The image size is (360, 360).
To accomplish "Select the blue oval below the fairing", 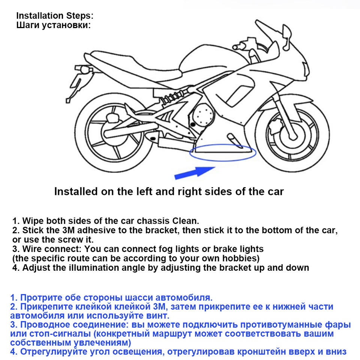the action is [223, 153].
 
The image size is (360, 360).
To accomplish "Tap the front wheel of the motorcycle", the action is [293, 133].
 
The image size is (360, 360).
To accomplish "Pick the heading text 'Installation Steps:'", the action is [55, 16].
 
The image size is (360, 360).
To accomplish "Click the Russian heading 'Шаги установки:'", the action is [54, 25].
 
